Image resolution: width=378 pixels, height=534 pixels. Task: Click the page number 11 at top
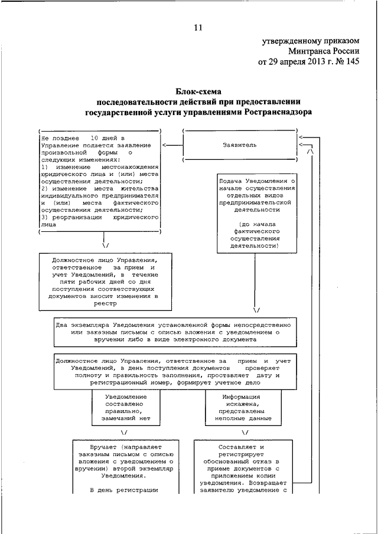point(197,27)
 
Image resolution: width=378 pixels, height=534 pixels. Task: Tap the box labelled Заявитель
point(240,145)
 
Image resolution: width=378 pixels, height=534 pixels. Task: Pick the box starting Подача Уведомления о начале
point(256,212)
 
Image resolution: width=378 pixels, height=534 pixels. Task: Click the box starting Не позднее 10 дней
point(99,182)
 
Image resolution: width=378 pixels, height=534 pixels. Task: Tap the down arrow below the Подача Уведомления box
point(256,309)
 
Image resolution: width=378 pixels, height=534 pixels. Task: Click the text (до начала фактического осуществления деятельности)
point(256,235)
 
